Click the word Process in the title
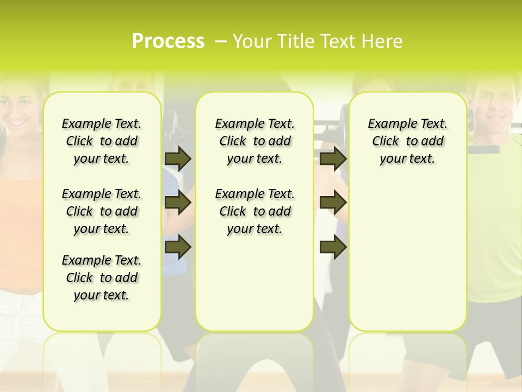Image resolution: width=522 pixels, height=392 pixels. tap(168, 41)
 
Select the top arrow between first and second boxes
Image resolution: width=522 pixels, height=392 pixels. tap(178, 158)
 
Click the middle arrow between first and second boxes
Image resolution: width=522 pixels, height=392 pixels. tap(178, 203)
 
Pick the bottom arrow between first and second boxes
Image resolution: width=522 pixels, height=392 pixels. tap(178, 247)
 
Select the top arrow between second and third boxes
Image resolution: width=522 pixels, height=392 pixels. tap(333, 158)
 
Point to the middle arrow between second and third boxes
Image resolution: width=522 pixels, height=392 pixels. tap(333, 203)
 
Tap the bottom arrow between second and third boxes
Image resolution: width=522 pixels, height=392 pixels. tap(333, 247)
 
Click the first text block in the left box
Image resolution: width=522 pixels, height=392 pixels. tap(102, 141)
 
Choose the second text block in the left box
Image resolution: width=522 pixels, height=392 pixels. tap(102, 211)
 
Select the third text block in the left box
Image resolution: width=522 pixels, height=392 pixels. tap(102, 278)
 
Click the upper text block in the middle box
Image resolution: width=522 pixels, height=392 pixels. tap(254, 141)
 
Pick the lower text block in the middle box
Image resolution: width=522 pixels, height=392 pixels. tap(254, 211)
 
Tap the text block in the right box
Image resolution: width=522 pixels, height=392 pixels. tap(407, 141)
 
